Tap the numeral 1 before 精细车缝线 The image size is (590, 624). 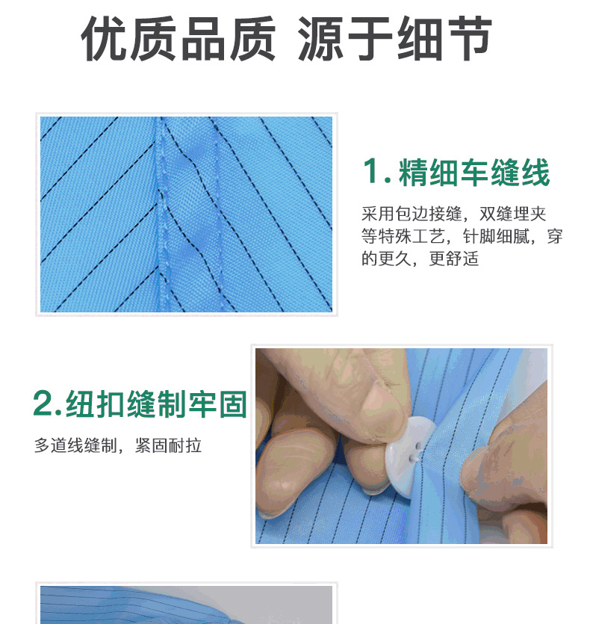tap(370, 171)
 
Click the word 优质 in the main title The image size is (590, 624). tap(128, 39)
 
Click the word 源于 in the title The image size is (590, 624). tap(346, 39)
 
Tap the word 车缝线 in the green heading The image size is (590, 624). tap(505, 172)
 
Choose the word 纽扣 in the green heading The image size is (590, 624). tap(96, 404)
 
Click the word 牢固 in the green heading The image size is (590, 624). tap(217, 404)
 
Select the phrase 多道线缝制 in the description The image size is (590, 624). tap(75, 445)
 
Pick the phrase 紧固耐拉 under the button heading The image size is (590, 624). tap(168, 445)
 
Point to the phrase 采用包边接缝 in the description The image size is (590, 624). tap(412, 214)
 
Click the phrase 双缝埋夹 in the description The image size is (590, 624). tap(512, 214)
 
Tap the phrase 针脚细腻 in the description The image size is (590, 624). tap(496, 236)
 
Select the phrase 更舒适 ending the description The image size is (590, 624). tap(454, 259)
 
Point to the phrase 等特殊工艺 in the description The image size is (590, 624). tap(403, 236)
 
